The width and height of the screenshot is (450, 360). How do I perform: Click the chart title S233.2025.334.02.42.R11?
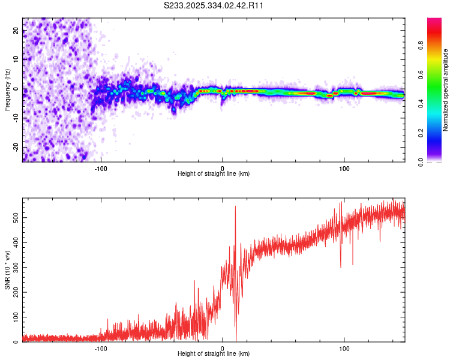tap(214, 5)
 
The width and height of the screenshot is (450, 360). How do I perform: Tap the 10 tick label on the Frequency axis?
tap(16, 59)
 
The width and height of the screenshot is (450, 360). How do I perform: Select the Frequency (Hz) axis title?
tap(7, 89)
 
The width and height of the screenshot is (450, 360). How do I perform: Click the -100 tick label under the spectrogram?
tap(101, 169)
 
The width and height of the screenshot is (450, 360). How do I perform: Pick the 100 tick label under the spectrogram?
tap(344, 169)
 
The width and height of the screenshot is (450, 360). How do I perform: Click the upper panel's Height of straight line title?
tap(213, 174)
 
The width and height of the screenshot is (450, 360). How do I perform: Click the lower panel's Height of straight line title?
tap(213, 354)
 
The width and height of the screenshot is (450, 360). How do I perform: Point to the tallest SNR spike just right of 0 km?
tap(235, 207)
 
